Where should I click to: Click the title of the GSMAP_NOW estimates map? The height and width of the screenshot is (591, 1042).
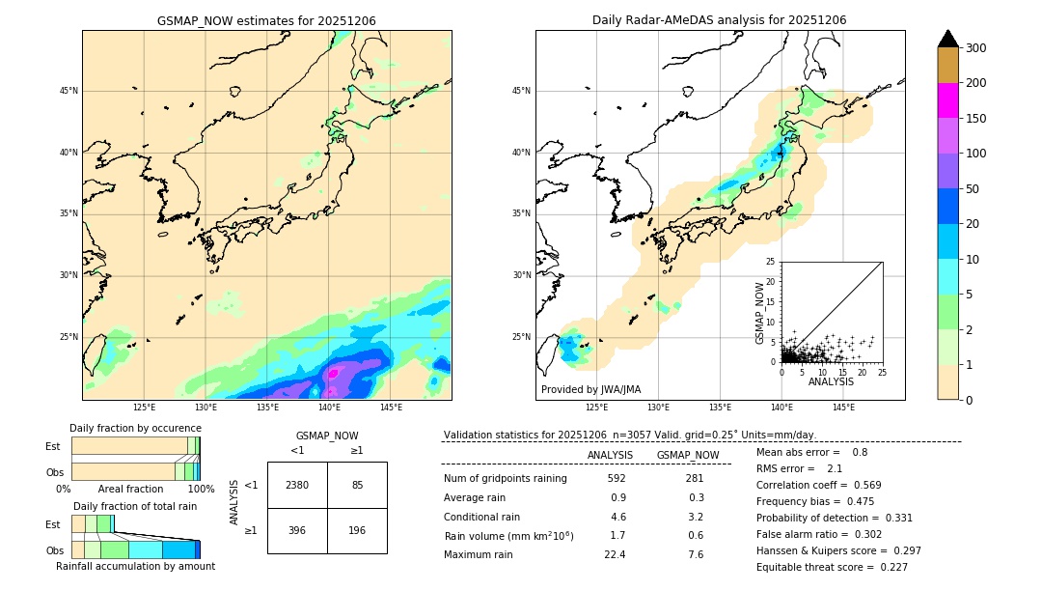(x=266, y=20)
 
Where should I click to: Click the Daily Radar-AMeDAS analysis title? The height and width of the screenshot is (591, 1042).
(x=719, y=20)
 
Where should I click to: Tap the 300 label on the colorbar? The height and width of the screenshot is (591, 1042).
(x=975, y=47)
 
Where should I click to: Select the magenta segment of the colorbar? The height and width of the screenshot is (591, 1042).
(x=947, y=100)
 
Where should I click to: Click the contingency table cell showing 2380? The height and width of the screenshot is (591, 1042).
(x=297, y=485)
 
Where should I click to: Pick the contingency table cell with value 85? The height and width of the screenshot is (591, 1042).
(x=357, y=485)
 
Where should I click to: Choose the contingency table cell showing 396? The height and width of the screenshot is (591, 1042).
(x=297, y=530)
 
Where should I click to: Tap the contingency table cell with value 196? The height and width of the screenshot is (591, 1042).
(x=357, y=530)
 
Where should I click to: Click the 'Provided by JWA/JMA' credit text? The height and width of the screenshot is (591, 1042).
(x=590, y=390)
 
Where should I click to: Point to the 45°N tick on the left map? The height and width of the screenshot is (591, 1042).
(x=69, y=91)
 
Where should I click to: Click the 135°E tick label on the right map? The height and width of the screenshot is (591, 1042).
(x=720, y=408)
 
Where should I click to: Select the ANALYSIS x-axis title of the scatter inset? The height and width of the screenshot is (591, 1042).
(x=830, y=381)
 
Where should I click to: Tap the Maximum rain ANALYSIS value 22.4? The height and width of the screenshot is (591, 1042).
(x=615, y=554)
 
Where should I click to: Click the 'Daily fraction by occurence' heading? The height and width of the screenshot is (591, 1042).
(x=133, y=428)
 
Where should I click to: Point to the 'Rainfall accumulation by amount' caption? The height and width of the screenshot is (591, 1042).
(x=135, y=566)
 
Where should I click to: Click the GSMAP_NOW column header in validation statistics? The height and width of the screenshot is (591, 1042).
(x=687, y=455)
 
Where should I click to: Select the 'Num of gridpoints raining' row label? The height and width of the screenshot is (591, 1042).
(x=505, y=478)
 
